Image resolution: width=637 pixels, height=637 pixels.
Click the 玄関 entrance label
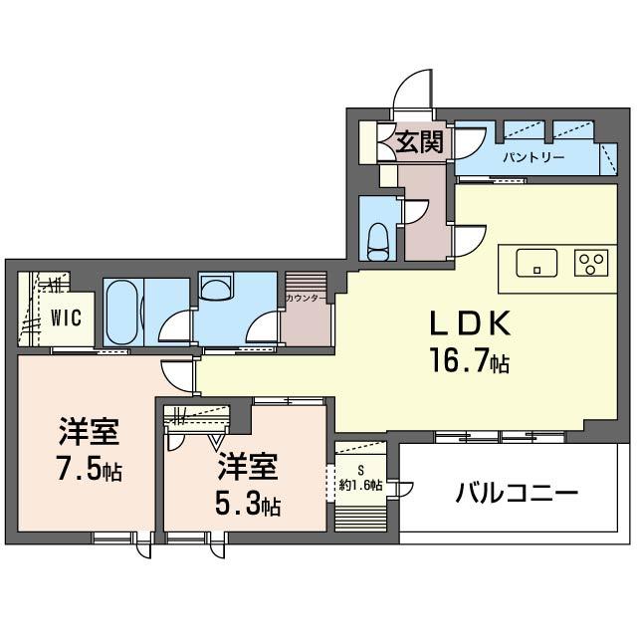(x=419, y=142)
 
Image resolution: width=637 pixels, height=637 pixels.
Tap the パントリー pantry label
(x=533, y=157)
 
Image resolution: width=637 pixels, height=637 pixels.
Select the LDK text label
(x=470, y=322)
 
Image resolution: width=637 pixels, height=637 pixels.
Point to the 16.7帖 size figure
(x=470, y=362)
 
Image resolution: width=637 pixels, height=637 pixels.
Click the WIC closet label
(x=67, y=318)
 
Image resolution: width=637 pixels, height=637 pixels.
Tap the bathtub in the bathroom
(x=121, y=312)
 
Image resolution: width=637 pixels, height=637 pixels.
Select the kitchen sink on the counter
(x=536, y=263)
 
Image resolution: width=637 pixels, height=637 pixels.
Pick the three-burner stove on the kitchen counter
(x=591, y=263)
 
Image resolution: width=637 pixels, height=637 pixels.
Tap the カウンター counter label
(x=306, y=299)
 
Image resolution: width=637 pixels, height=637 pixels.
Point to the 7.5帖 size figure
(x=90, y=471)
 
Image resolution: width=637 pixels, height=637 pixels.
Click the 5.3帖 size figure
(x=248, y=506)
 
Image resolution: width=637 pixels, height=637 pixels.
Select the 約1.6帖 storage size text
(x=360, y=485)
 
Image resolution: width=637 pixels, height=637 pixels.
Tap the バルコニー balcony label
(x=517, y=494)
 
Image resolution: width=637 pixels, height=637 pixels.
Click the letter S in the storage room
(x=360, y=471)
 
